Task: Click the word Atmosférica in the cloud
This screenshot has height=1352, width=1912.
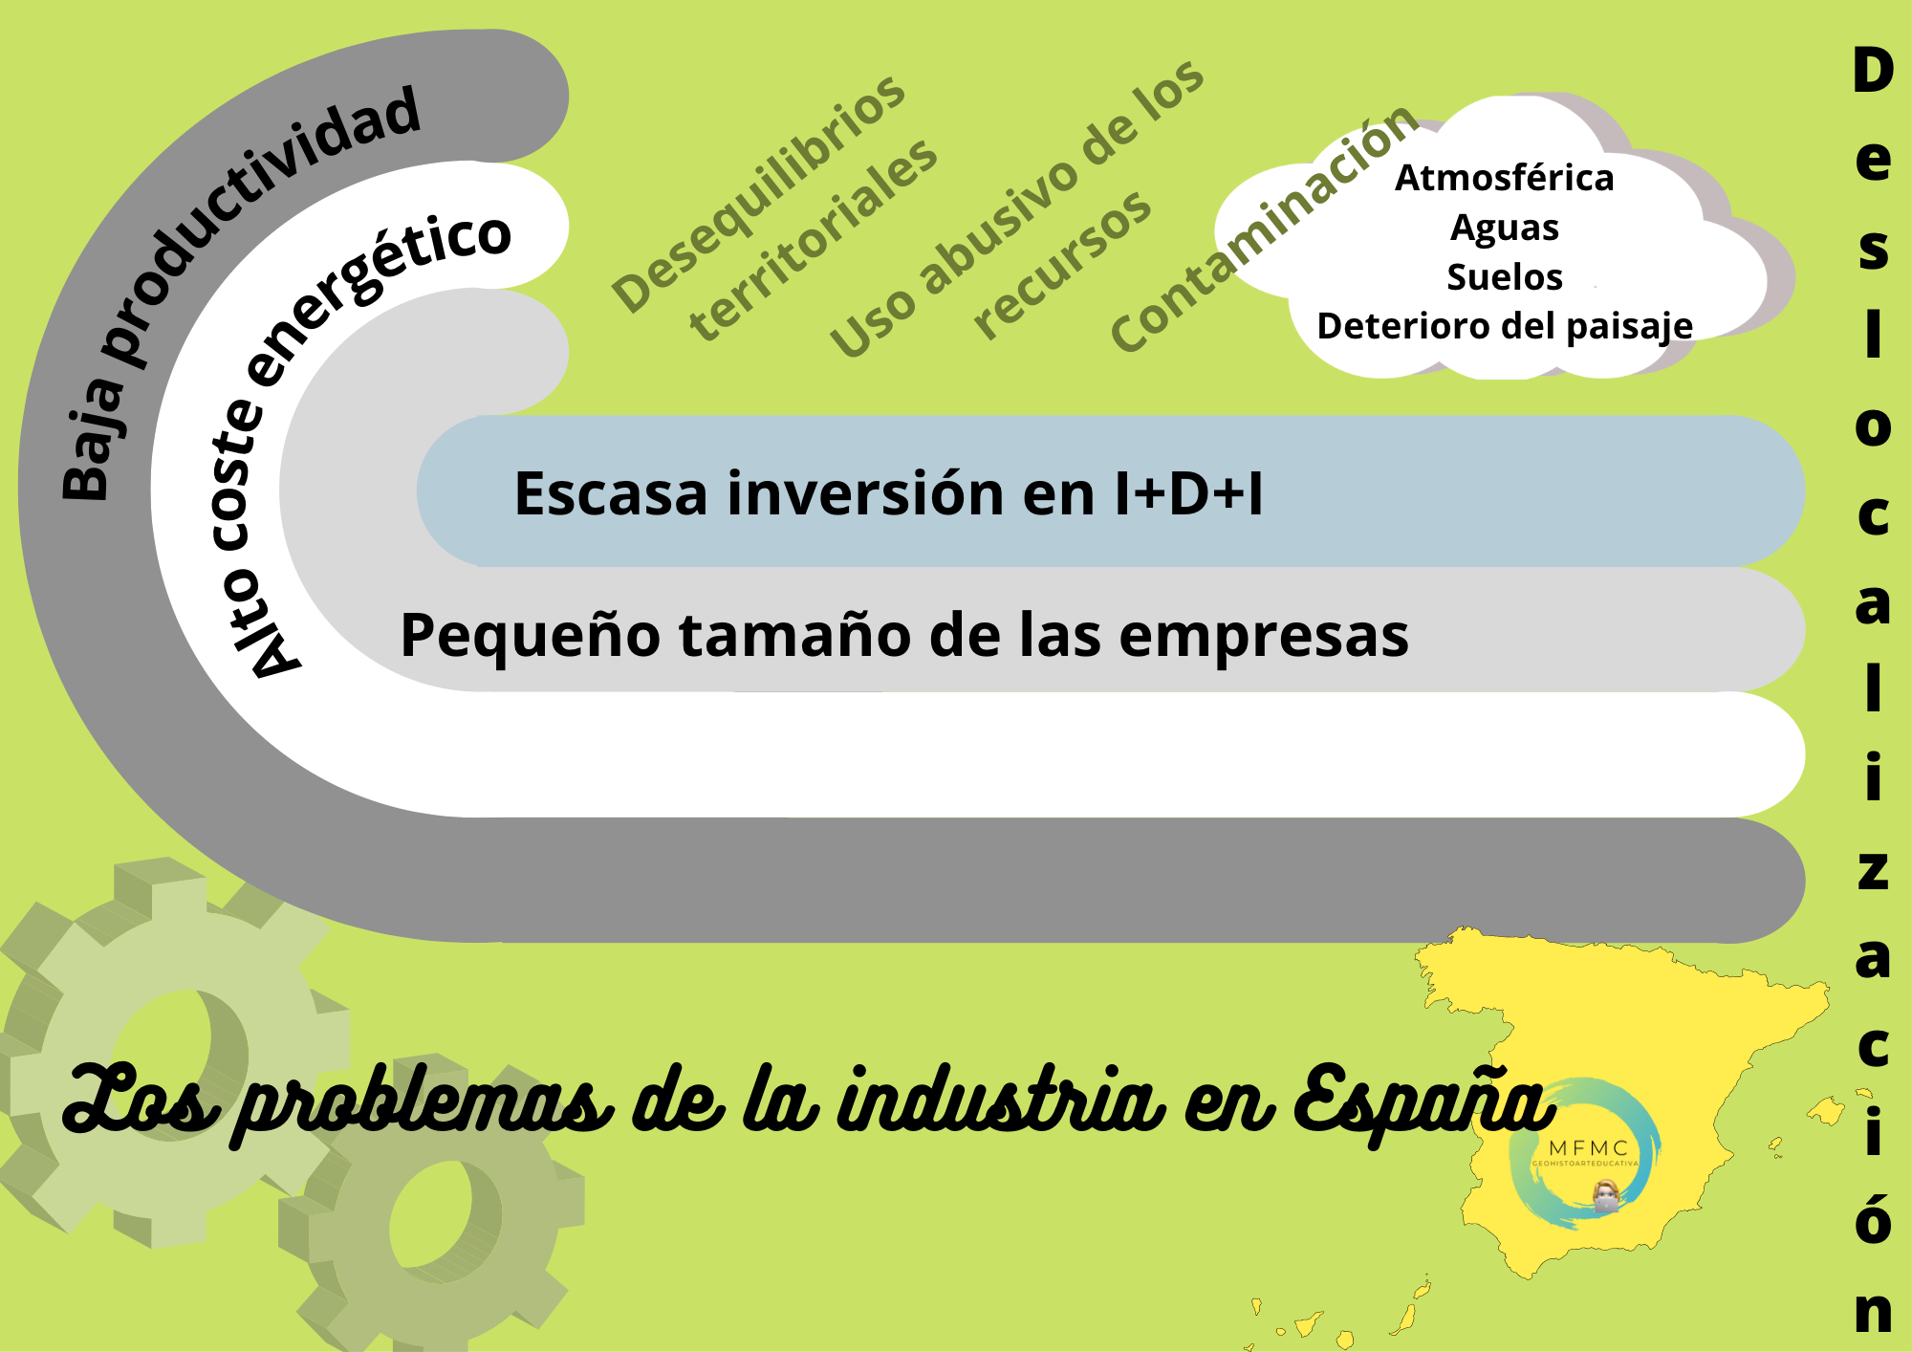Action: pos(1504,178)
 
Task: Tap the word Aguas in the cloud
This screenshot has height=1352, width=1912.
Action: pos(1504,229)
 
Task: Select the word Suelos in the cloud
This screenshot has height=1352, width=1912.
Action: pos(1504,277)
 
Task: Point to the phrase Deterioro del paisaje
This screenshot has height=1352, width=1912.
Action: pos(1505,327)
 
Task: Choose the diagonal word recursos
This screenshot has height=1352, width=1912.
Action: pos(1062,265)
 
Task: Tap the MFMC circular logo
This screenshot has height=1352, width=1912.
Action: pos(1584,1153)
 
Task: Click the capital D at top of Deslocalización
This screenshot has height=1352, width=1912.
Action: pos(1873,71)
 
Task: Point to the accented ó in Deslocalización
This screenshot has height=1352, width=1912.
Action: pos(1873,1215)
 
